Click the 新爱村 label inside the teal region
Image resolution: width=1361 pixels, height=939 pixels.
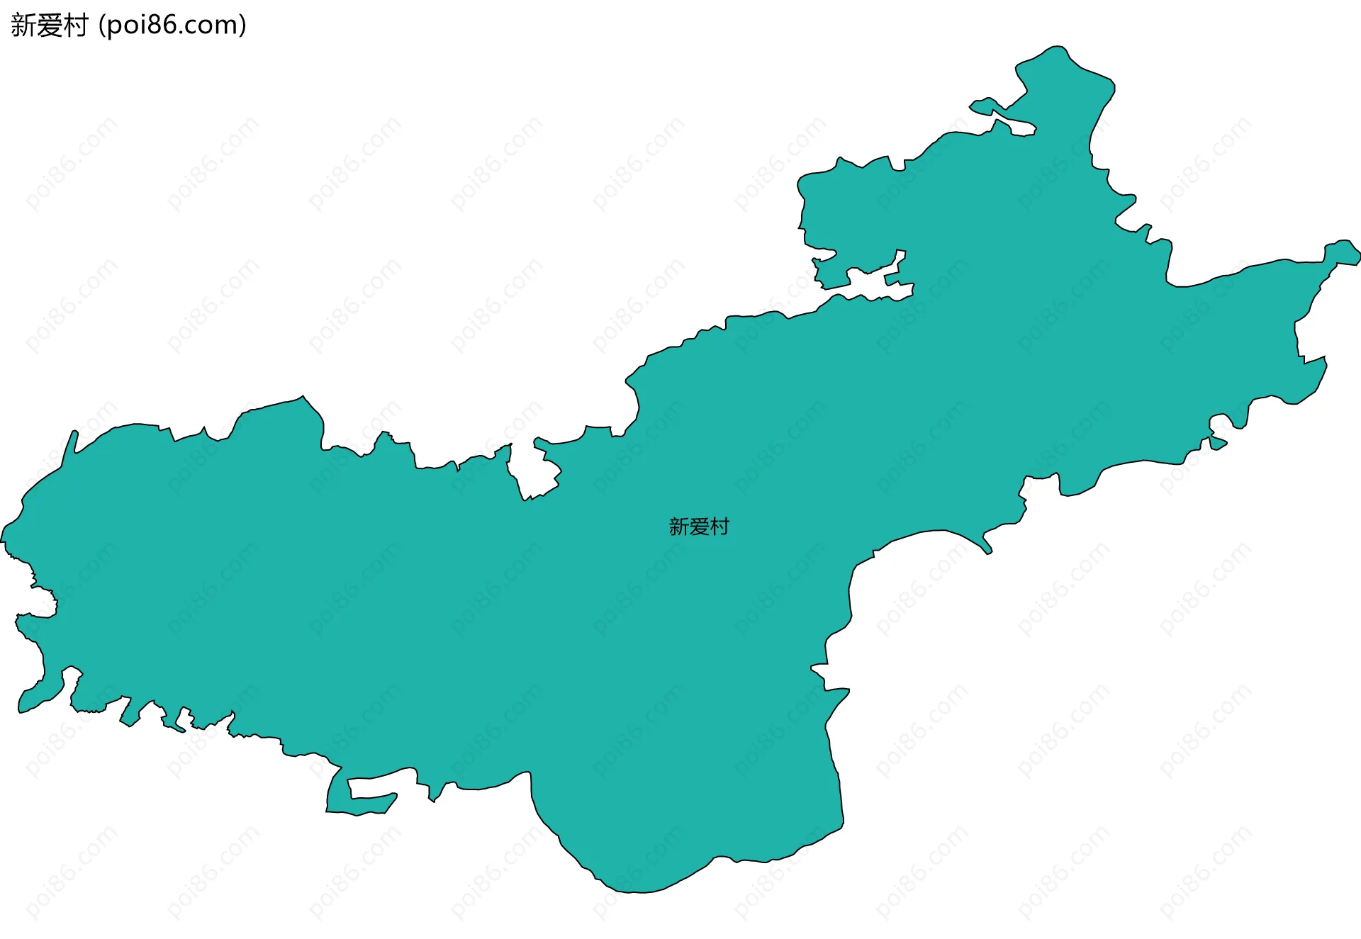699,527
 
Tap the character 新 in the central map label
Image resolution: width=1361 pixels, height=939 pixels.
679,527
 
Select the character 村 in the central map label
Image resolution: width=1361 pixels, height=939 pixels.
719,527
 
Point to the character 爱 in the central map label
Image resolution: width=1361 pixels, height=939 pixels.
699,527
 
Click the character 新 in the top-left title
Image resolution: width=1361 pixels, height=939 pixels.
23,26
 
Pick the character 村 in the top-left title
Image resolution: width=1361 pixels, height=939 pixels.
75,26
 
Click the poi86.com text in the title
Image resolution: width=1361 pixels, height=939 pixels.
172,26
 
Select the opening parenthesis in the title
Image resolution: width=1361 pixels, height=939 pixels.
101,26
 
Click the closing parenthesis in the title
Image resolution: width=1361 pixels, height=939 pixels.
243,26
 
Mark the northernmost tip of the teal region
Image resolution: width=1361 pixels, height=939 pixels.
1058,47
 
